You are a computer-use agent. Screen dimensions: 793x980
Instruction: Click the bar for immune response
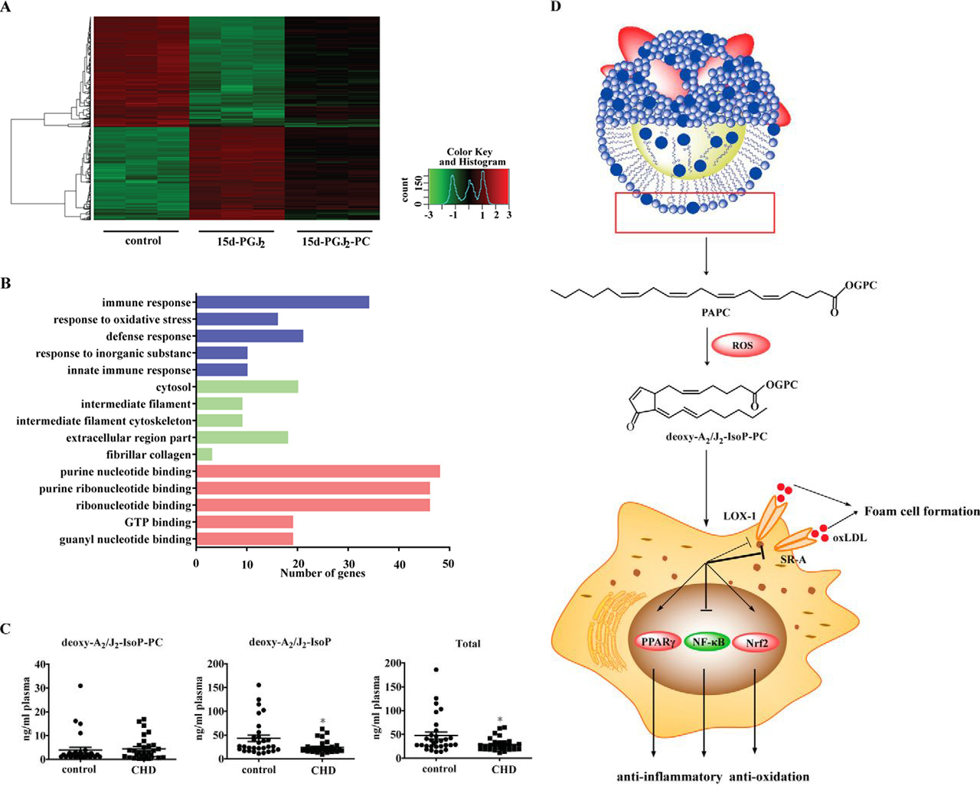tap(283, 302)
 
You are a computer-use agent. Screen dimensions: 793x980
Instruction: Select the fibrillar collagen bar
tap(204, 455)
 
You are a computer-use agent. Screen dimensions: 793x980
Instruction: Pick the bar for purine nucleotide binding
tap(318, 472)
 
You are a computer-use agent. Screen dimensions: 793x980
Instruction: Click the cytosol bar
tap(247, 387)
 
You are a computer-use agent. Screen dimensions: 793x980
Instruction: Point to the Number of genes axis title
tap(322, 573)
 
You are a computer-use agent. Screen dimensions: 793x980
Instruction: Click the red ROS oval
tap(742, 345)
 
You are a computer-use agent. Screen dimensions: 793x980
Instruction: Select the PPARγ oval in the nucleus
tap(658, 642)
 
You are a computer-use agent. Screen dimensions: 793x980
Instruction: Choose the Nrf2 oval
tap(756, 643)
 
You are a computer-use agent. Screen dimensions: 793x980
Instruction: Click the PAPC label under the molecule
tap(715, 313)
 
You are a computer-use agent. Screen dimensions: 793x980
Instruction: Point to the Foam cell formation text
tap(922, 511)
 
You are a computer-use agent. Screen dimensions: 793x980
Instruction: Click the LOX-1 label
tap(740, 516)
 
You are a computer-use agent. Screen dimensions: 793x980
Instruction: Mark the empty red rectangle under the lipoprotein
tap(694, 212)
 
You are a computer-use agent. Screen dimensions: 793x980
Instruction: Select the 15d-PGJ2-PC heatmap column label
tap(335, 242)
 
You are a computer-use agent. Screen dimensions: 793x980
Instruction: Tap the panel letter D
tap(555, 7)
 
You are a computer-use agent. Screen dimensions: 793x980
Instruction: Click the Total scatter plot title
tap(468, 644)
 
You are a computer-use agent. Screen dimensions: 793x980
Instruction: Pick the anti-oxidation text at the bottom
tap(769, 777)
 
